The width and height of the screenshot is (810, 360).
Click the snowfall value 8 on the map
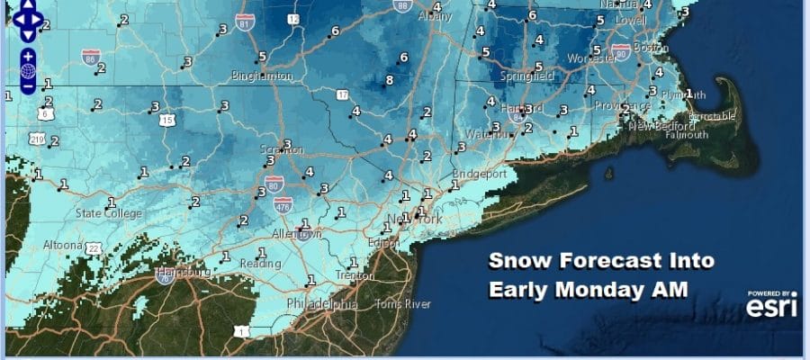tap(389, 81)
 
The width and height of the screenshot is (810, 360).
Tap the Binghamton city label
tap(262, 76)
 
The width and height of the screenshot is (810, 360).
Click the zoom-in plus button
tap(28, 53)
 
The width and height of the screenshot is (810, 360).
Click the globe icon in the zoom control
tap(28, 70)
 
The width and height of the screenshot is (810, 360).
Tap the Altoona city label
tap(64, 245)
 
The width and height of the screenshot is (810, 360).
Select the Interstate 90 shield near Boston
tap(619, 51)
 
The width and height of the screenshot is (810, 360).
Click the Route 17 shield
tap(341, 94)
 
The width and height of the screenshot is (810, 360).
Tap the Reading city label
tap(261, 263)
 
